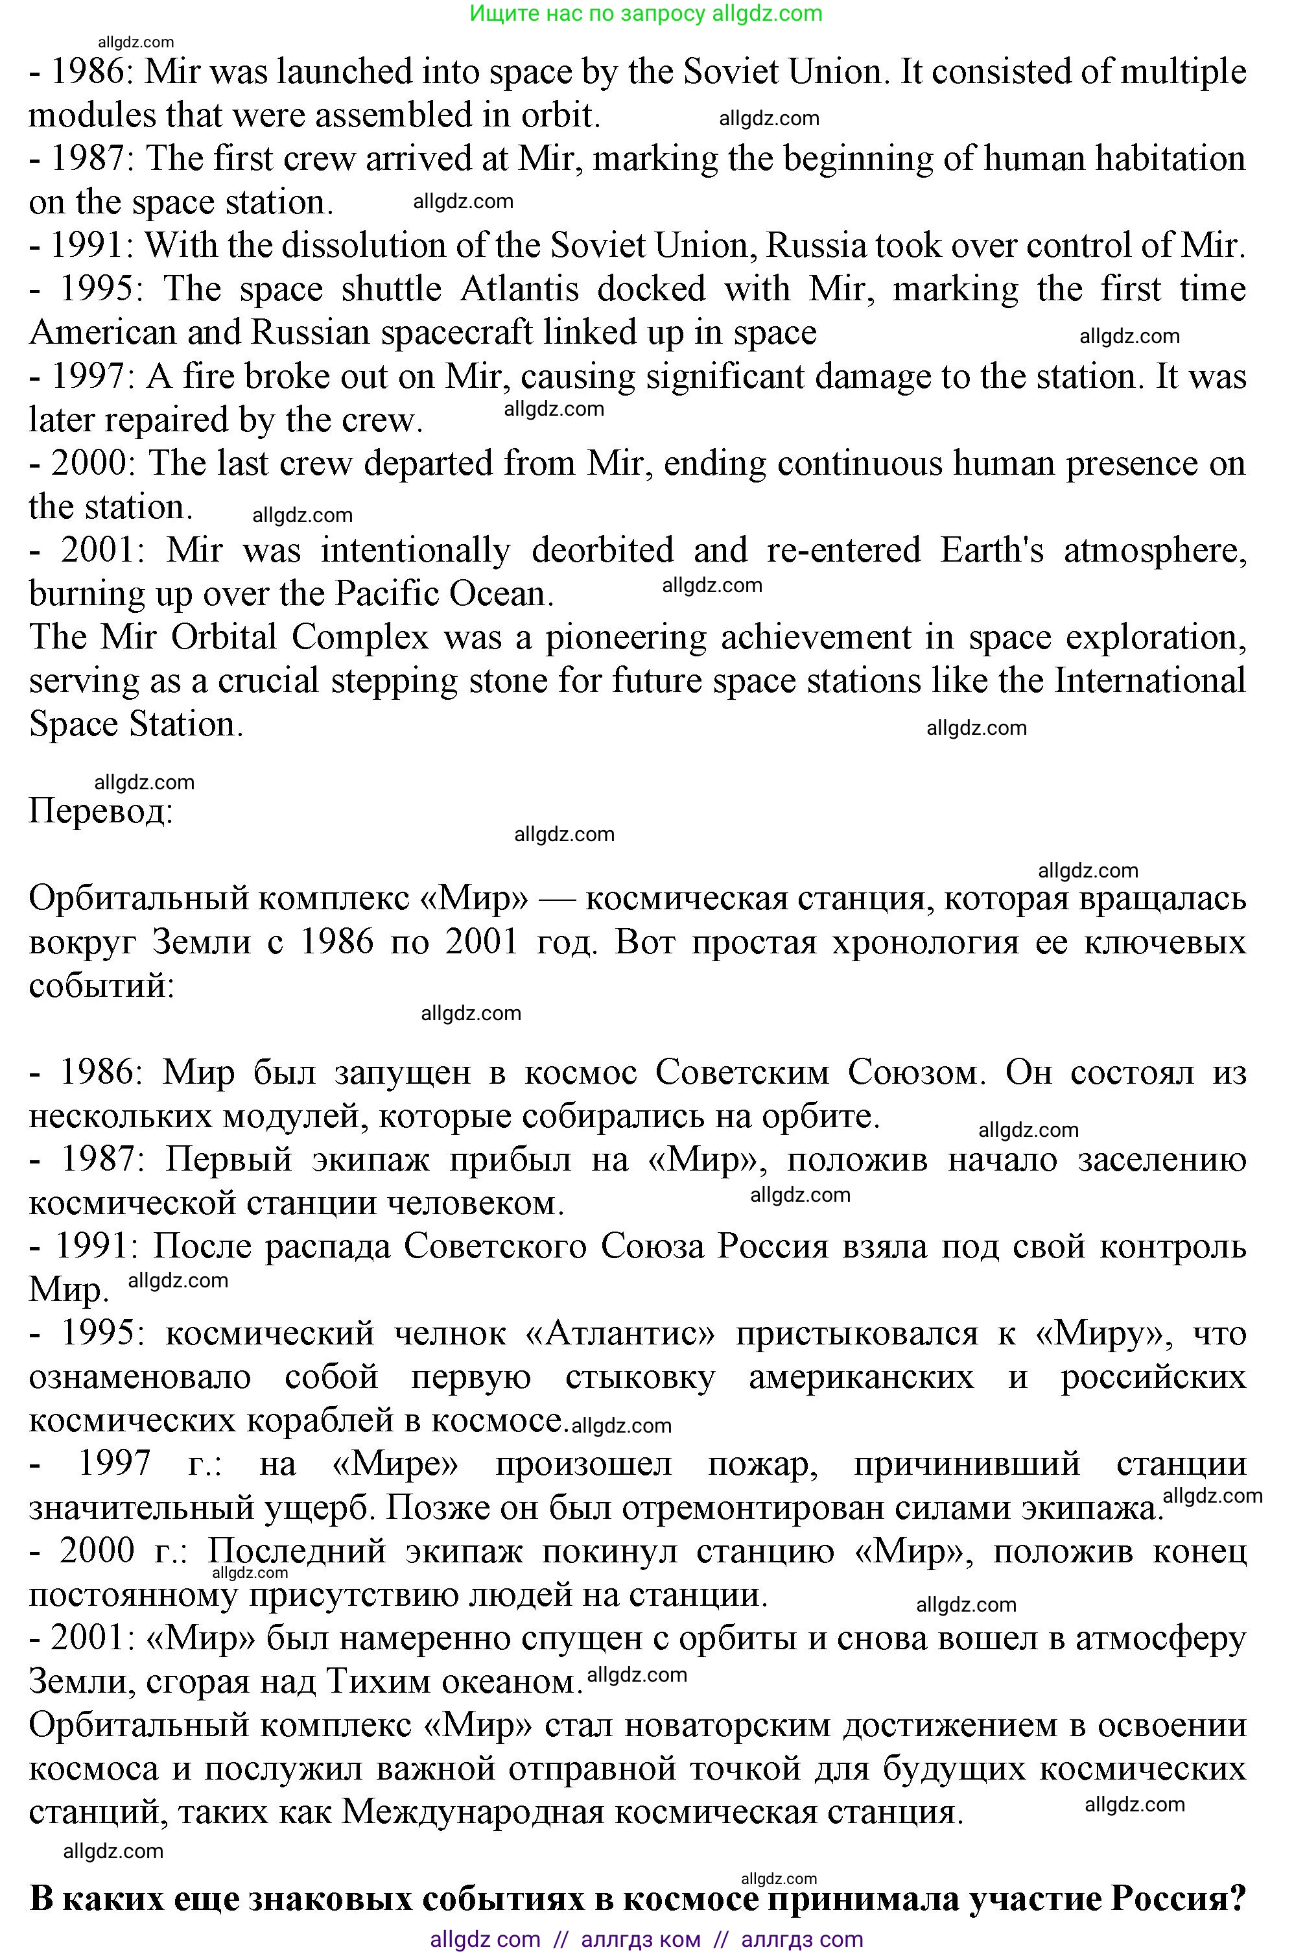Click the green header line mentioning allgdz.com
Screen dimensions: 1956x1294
point(646,13)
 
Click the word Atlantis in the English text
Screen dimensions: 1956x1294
point(519,289)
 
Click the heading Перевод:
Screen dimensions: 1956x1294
point(100,811)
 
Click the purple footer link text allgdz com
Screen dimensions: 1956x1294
point(485,1940)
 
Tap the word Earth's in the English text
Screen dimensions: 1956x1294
point(991,551)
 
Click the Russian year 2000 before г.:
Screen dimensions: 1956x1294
point(97,1551)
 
